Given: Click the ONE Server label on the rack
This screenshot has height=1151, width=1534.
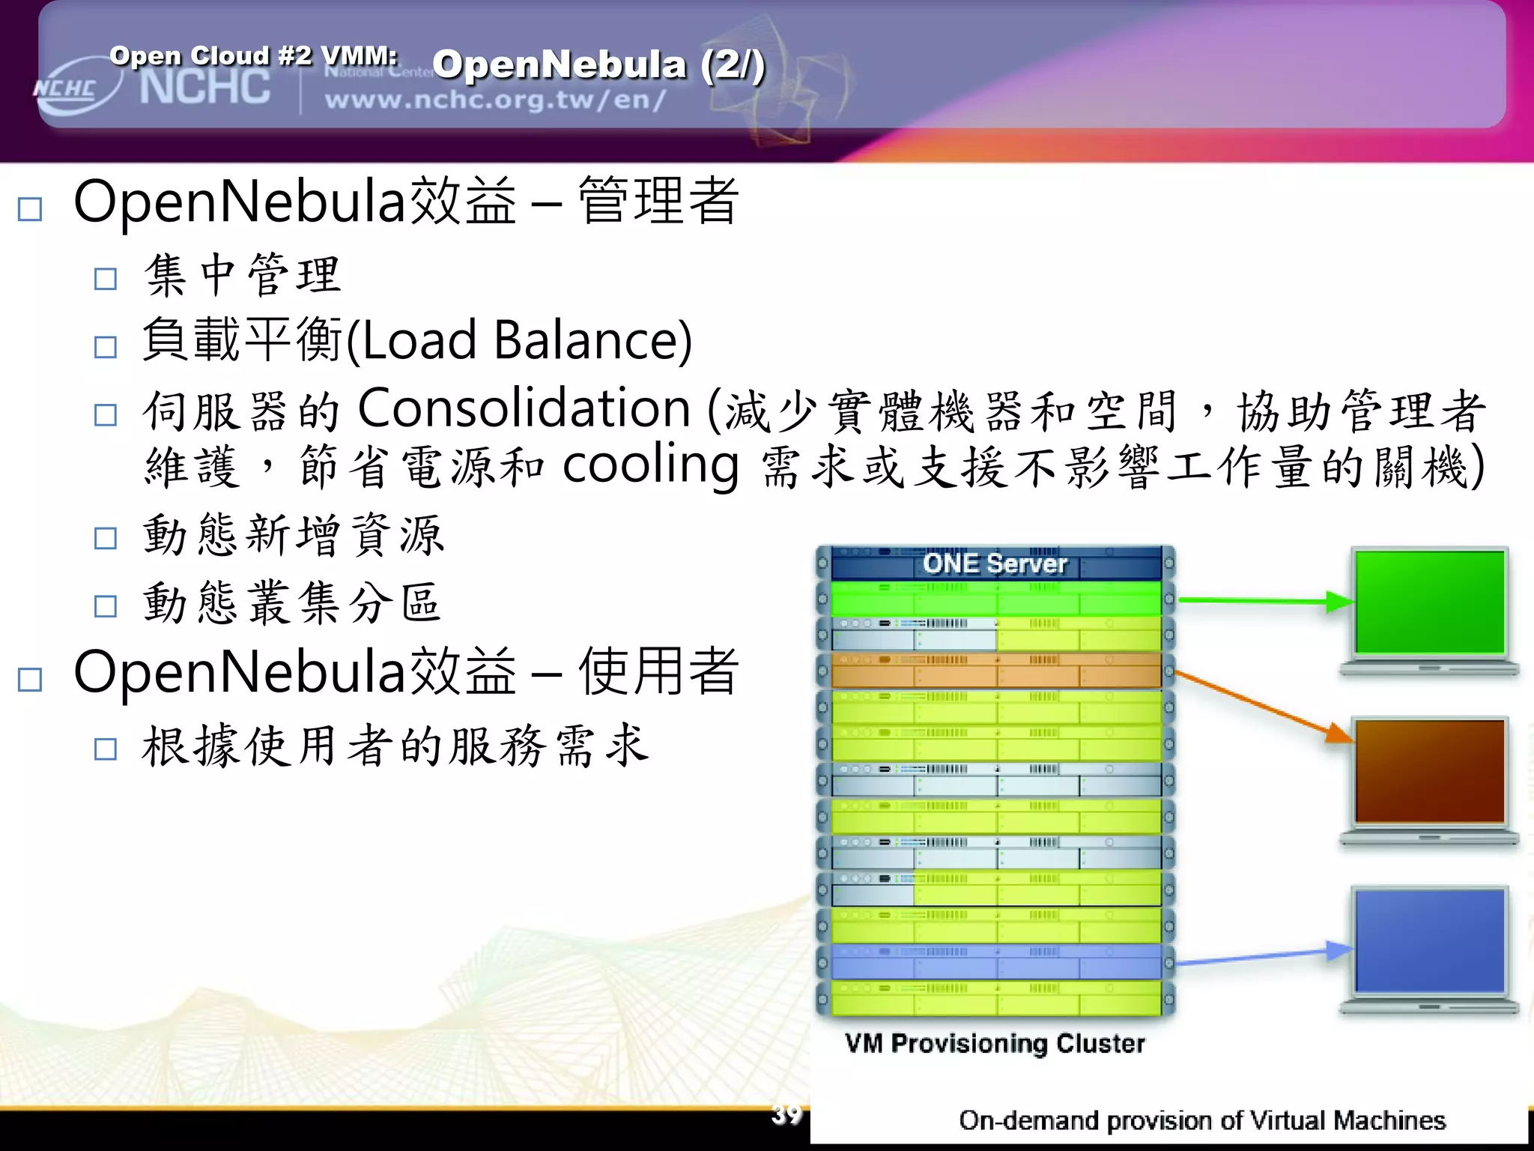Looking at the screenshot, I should pyautogui.click(x=994, y=564).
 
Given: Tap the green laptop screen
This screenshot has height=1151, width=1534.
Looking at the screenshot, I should pyautogui.click(x=1429, y=602).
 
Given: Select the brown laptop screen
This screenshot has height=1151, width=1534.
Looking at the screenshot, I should pyautogui.click(x=1429, y=771).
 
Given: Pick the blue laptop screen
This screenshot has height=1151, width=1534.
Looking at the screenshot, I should pyautogui.click(x=1429, y=940).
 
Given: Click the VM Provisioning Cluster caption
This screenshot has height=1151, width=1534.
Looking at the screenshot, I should pyautogui.click(x=995, y=1043).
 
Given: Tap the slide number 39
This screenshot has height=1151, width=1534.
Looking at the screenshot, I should pyautogui.click(x=786, y=1114).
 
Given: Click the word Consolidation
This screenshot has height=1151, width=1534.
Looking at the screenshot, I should pyautogui.click(x=524, y=409).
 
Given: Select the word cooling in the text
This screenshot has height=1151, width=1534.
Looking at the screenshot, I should pyautogui.click(x=650, y=466).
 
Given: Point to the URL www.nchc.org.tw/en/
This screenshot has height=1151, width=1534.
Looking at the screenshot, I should pyautogui.click(x=494, y=100).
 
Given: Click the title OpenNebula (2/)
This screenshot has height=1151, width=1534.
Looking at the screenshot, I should pyautogui.click(x=598, y=64).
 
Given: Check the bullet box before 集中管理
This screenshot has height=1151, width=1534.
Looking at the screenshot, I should pyautogui.click(x=106, y=280).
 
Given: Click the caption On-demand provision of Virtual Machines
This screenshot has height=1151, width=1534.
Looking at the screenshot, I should pyautogui.click(x=1201, y=1120).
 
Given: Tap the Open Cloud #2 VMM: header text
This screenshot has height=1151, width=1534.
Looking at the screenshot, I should pyautogui.click(x=253, y=55).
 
